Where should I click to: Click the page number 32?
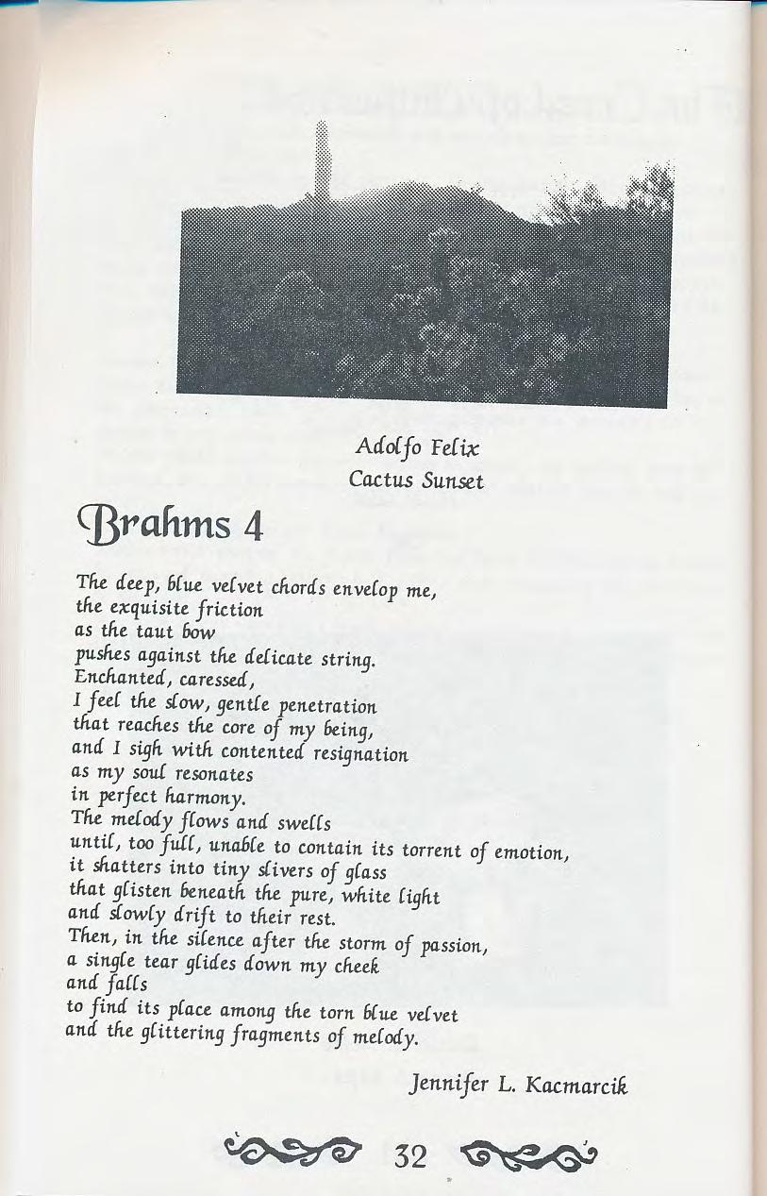[412, 1154]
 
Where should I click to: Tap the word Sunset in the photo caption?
[452, 480]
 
